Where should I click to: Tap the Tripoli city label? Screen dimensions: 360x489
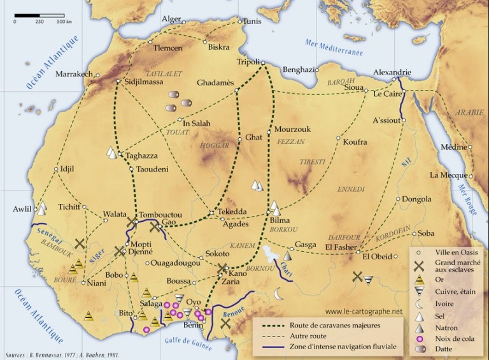(x=248, y=62)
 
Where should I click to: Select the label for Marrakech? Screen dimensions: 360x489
(x=74, y=74)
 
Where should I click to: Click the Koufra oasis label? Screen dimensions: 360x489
(x=355, y=141)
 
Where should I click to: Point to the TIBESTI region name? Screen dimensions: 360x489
(x=312, y=162)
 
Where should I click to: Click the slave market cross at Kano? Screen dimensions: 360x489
(x=222, y=268)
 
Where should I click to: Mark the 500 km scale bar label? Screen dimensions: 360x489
(x=64, y=22)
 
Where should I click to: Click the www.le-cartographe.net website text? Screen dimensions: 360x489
(x=364, y=312)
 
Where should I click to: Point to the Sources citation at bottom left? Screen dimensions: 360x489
(x=62, y=354)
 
